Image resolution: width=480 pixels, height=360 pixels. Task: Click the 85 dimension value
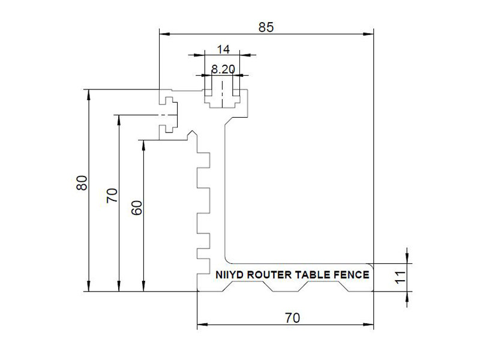tap(266, 28)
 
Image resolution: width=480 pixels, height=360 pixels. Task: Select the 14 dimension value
tap(223, 49)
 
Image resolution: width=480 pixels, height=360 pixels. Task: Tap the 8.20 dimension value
tap(223, 70)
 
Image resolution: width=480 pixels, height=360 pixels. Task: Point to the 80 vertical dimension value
tap(82, 183)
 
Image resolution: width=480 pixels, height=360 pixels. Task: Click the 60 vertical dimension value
tap(137, 208)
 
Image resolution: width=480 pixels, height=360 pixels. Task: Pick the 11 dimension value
tap(401, 277)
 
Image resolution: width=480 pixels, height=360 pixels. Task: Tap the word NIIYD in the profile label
tap(230, 275)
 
